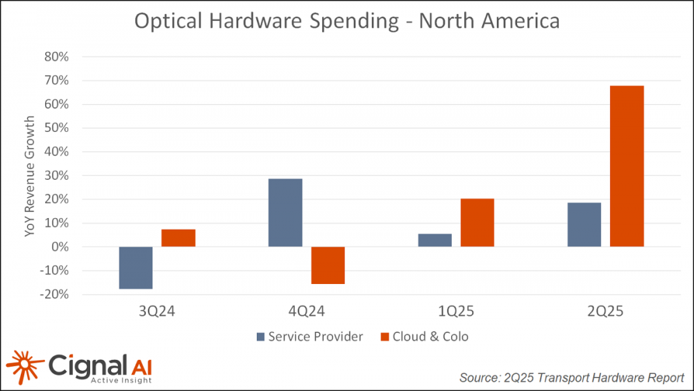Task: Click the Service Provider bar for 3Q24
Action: click(x=135, y=267)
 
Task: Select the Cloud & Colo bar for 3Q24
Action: click(x=178, y=238)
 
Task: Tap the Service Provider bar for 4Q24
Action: click(x=285, y=213)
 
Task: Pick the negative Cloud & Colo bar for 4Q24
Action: click(x=328, y=265)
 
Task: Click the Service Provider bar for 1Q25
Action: click(x=435, y=240)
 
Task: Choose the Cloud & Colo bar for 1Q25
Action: click(x=477, y=222)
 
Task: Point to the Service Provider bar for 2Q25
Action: click(x=584, y=224)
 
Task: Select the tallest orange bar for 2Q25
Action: click(x=627, y=166)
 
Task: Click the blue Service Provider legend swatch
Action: click(x=261, y=337)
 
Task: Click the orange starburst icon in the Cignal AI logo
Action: click(x=23, y=367)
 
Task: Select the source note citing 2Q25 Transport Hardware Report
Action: click(x=571, y=377)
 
